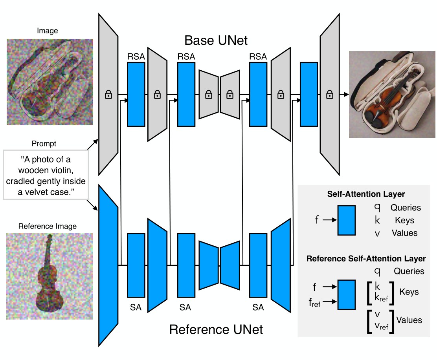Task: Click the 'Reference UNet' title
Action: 216,329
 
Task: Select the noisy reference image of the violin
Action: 50,276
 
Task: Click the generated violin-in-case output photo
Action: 392,94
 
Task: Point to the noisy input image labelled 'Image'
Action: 50,82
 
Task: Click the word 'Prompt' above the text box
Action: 44,144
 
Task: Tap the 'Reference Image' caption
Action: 48,226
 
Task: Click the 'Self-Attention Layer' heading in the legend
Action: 366,194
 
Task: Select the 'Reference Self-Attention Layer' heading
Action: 366,259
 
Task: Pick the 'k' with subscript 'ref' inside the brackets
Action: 381,299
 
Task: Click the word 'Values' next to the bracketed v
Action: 409,320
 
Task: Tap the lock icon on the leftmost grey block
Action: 108,94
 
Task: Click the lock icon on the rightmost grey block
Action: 330,94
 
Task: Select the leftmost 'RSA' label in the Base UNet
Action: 136,57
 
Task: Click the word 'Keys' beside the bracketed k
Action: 409,292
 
